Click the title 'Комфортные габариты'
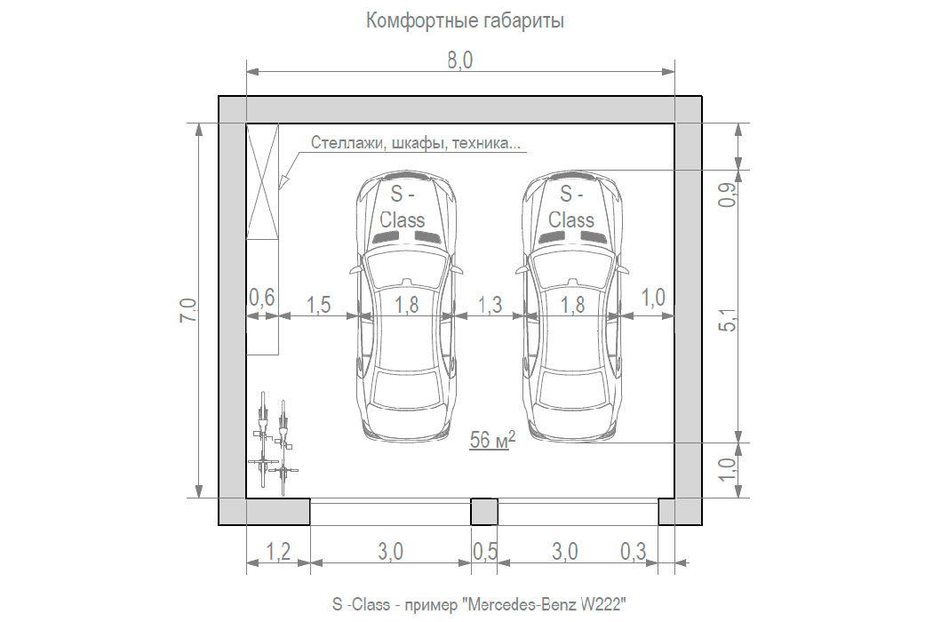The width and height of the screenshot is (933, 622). (x=465, y=21)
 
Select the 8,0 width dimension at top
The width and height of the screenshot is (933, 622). (x=460, y=60)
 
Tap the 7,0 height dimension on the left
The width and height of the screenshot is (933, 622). (x=188, y=310)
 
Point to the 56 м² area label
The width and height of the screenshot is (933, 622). (x=492, y=439)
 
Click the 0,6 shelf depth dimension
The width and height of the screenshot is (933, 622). (x=262, y=297)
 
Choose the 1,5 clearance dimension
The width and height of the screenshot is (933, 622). (x=318, y=305)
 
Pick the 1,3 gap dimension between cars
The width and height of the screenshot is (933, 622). (x=490, y=305)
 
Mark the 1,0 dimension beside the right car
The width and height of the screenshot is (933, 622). (x=653, y=297)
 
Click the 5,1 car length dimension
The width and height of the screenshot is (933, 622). (x=729, y=320)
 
